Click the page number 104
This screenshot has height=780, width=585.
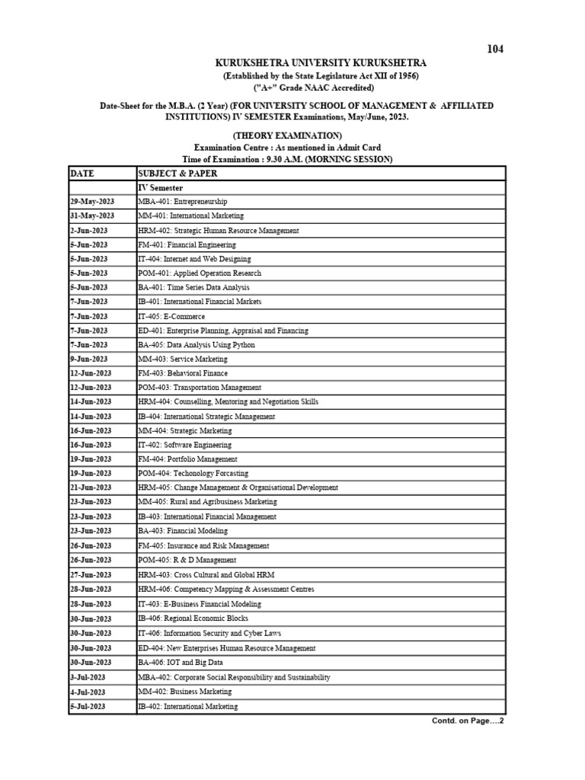point(495,49)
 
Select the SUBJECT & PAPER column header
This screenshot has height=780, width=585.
point(177,174)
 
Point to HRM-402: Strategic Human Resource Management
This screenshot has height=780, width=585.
point(219,230)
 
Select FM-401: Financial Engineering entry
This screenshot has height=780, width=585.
point(187,245)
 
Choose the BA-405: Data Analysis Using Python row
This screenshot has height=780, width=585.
point(197,345)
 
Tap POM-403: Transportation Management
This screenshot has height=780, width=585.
point(200,388)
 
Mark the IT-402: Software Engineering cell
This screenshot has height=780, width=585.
point(184,445)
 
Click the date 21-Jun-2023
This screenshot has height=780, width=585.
point(91,487)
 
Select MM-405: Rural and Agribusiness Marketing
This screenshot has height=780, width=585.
point(207,502)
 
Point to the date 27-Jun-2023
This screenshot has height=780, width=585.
point(91,574)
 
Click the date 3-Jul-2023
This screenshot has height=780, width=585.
point(88,677)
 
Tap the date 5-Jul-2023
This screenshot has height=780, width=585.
point(88,706)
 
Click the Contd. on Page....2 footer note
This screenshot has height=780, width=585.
point(468,721)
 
